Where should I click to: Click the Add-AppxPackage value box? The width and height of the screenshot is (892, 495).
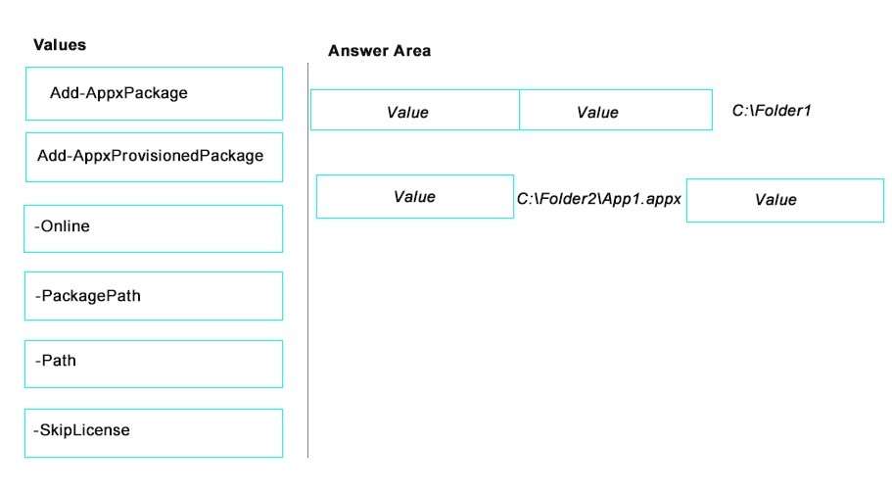click(154, 93)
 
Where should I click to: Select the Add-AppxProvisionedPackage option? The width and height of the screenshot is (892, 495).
click(154, 157)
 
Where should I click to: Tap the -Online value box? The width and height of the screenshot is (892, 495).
click(154, 228)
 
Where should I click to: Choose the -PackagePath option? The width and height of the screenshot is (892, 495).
click(154, 296)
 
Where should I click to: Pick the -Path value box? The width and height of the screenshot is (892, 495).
click(154, 364)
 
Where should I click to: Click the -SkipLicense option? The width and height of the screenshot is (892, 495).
click(154, 433)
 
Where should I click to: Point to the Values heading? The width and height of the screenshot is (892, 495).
click(60, 45)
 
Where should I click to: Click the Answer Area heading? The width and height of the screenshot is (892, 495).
click(380, 51)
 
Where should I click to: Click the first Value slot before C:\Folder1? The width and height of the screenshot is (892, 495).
click(415, 110)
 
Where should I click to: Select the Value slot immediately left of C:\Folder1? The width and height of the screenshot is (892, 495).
click(616, 110)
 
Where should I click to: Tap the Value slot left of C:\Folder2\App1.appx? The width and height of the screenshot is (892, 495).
click(415, 196)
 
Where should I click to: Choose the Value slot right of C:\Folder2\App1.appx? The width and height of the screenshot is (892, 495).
click(785, 201)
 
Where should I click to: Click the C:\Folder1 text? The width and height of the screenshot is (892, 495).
click(772, 111)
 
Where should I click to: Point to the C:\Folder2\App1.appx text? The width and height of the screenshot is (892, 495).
click(598, 199)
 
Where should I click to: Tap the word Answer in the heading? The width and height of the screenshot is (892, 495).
click(358, 51)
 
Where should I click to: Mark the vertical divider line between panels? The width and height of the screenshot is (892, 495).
click(307, 260)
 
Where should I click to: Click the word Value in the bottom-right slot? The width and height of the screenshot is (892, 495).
click(775, 200)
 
